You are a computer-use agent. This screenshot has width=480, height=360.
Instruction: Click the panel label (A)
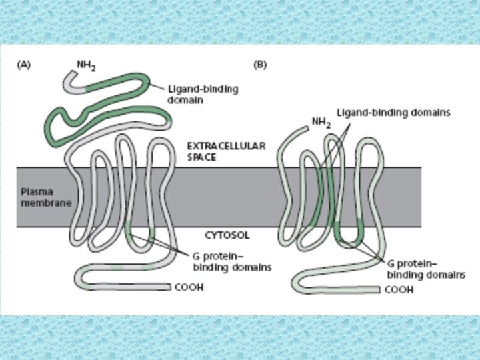pos(23,65)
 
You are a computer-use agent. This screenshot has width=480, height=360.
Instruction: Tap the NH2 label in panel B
pos(321,122)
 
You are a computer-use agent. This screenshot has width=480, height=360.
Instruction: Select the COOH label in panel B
pos(399,290)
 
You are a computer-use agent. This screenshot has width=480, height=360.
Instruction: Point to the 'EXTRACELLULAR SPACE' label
pos(217,150)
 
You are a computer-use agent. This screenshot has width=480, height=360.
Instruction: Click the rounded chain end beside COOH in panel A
pos(170,287)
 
